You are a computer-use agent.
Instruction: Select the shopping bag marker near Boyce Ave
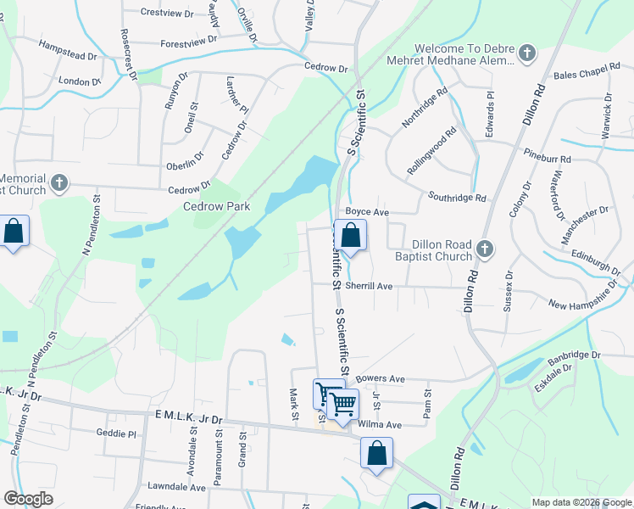click(350, 235)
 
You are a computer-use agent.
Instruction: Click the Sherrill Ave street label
click(368, 287)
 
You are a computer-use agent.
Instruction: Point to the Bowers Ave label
click(381, 378)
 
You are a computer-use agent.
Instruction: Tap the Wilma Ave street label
click(379, 424)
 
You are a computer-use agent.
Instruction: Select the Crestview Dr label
click(167, 12)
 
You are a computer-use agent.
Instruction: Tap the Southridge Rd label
click(457, 198)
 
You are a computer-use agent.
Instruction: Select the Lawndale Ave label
click(176, 488)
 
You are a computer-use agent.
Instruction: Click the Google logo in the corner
click(28, 499)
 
